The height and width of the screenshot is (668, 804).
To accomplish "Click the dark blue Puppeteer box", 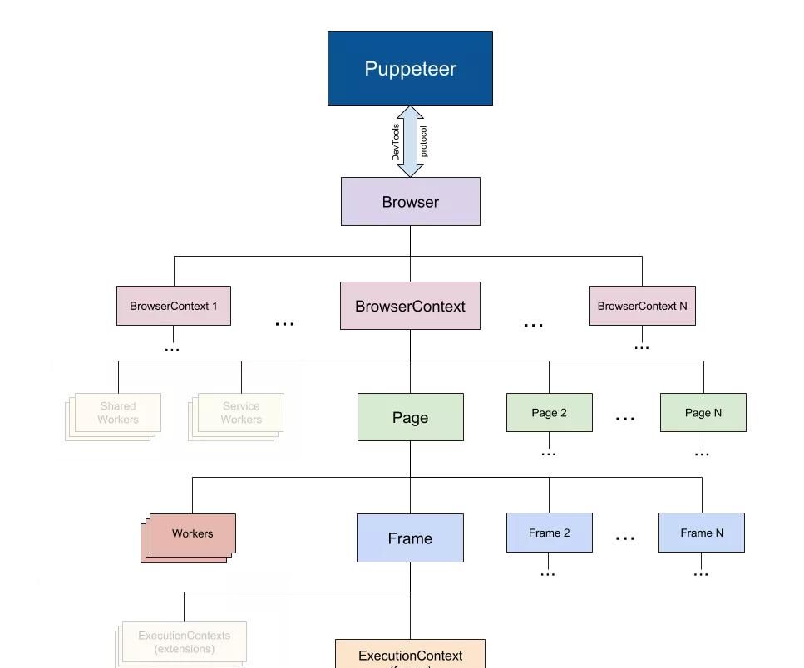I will coord(410,68).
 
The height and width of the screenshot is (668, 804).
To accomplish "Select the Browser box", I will coord(410,202).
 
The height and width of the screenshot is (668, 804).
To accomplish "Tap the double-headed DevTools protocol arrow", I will coord(410,141).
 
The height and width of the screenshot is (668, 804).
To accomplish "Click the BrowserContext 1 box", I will coord(173,306).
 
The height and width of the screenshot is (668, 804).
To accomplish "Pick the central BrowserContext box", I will coord(410,306).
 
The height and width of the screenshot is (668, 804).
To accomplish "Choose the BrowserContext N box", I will coord(642,306).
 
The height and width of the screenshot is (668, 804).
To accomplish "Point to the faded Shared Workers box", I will coord(117,413).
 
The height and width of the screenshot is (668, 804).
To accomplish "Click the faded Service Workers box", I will coord(240,413).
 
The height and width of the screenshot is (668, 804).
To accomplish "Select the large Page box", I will coord(410,417).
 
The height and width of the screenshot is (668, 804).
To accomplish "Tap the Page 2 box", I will coord(549,413).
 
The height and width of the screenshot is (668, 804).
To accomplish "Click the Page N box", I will coord(703,413).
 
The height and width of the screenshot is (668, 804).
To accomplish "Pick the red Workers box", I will coord(192,533).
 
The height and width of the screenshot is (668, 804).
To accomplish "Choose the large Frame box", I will coord(410,538).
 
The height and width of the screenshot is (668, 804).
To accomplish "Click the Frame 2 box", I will coord(549,533).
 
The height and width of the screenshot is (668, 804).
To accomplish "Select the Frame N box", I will coord(701,533).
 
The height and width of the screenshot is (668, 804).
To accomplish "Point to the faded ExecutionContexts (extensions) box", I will coord(184,641).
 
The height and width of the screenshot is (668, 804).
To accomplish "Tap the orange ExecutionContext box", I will coord(410,655).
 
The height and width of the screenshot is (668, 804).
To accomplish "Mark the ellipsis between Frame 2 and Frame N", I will coord(625,538).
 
